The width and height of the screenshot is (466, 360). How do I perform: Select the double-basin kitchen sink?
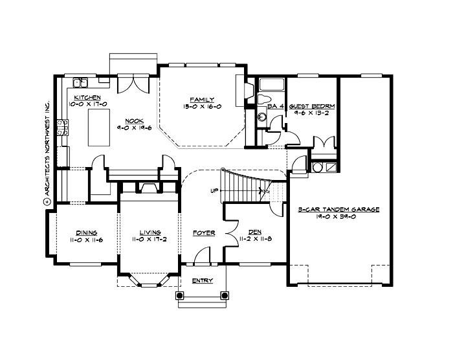click(x=81, y=82)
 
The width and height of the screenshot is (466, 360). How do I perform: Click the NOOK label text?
click(x=134, y=120)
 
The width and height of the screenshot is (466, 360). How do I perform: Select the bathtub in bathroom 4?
click(x=271, y=85)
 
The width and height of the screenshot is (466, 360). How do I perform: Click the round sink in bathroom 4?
click(x=262, y=117)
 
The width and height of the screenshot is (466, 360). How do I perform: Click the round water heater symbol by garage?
click(x=317, y=167)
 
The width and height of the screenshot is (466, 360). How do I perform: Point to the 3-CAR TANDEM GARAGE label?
click(x=338, y=210)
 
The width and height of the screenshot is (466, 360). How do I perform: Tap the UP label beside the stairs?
click(x=214, y=191)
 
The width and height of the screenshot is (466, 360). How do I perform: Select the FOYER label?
click(x=204, y=232)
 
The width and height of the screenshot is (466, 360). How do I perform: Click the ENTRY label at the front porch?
click(x=203, y=280)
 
